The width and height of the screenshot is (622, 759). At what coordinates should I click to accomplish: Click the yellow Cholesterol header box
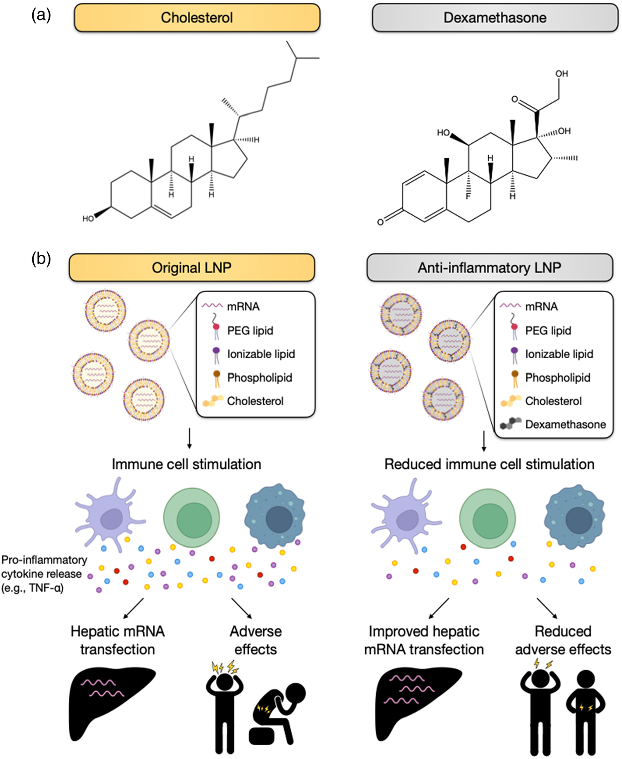(197, 18)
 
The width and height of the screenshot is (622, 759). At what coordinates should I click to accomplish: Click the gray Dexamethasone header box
(495, 18)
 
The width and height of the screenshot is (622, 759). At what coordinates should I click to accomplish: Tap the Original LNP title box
(192, 268)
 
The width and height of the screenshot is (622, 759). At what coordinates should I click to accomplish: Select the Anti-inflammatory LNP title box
(489, 268)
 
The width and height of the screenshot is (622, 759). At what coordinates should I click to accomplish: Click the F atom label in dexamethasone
(468, 196)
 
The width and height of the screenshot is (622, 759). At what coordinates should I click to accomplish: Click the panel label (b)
(41, 258)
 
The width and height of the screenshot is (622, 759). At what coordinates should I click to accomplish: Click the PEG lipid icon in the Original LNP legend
(216, 326)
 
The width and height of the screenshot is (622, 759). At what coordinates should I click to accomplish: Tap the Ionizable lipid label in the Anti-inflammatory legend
(559, 354)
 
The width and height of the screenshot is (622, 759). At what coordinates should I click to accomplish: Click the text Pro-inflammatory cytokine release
(44, 574)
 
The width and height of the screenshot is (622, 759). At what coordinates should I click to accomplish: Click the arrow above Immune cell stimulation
(189, 438)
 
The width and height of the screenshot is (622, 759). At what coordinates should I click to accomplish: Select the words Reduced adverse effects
(563, 640)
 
